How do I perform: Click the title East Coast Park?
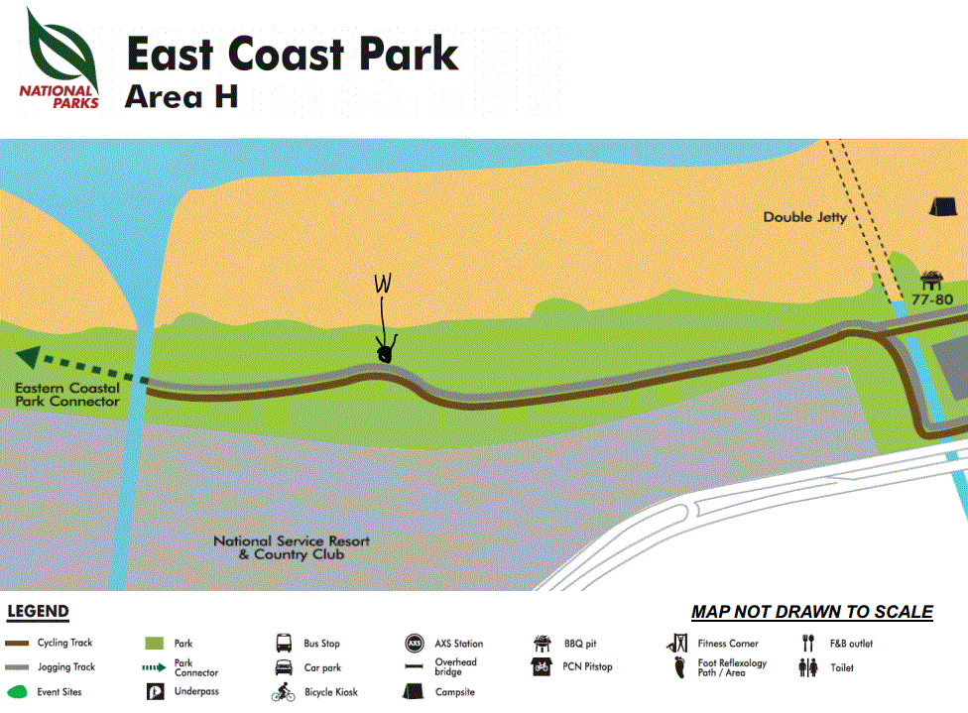(293, 55)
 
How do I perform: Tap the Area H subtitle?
(181, 97)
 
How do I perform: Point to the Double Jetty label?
(805, 217)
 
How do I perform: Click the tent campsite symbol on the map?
(942, 205)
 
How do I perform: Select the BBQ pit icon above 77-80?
(931, 280)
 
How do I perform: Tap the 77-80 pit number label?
(932, 297)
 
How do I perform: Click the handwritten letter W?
(384, 285)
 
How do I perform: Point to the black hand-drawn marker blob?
(386, 351)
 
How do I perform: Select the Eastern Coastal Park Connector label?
(67, 395)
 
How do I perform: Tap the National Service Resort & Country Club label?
(292, 547)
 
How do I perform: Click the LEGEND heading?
(38, 612)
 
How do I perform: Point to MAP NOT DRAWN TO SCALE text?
(811, 612)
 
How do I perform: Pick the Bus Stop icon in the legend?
(284, 644)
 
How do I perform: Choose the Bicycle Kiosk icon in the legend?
(284, 692)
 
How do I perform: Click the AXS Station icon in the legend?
(415, 644)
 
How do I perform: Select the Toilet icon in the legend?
(808, 668)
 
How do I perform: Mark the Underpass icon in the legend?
(154, 691)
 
